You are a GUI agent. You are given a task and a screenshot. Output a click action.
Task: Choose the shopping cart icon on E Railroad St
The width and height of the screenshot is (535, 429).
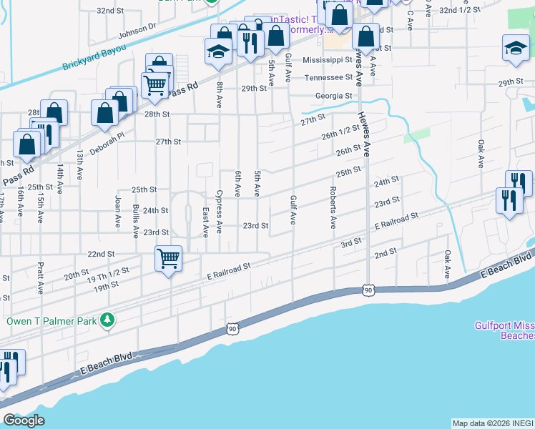click(168, 258)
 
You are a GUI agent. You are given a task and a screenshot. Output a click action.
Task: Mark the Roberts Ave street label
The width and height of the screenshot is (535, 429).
click(333, 207)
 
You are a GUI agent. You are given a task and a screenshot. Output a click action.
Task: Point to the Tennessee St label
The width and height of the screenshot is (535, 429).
click(328, 77)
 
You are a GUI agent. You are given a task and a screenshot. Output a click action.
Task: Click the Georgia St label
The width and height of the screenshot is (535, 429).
click(334, 96)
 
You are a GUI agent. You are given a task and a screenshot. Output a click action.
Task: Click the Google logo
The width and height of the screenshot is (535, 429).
click(24, 420)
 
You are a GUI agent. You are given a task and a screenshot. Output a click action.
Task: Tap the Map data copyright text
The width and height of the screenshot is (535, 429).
click(491, 423)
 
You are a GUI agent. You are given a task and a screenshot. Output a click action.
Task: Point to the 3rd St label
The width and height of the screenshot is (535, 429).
click(350, 243)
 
